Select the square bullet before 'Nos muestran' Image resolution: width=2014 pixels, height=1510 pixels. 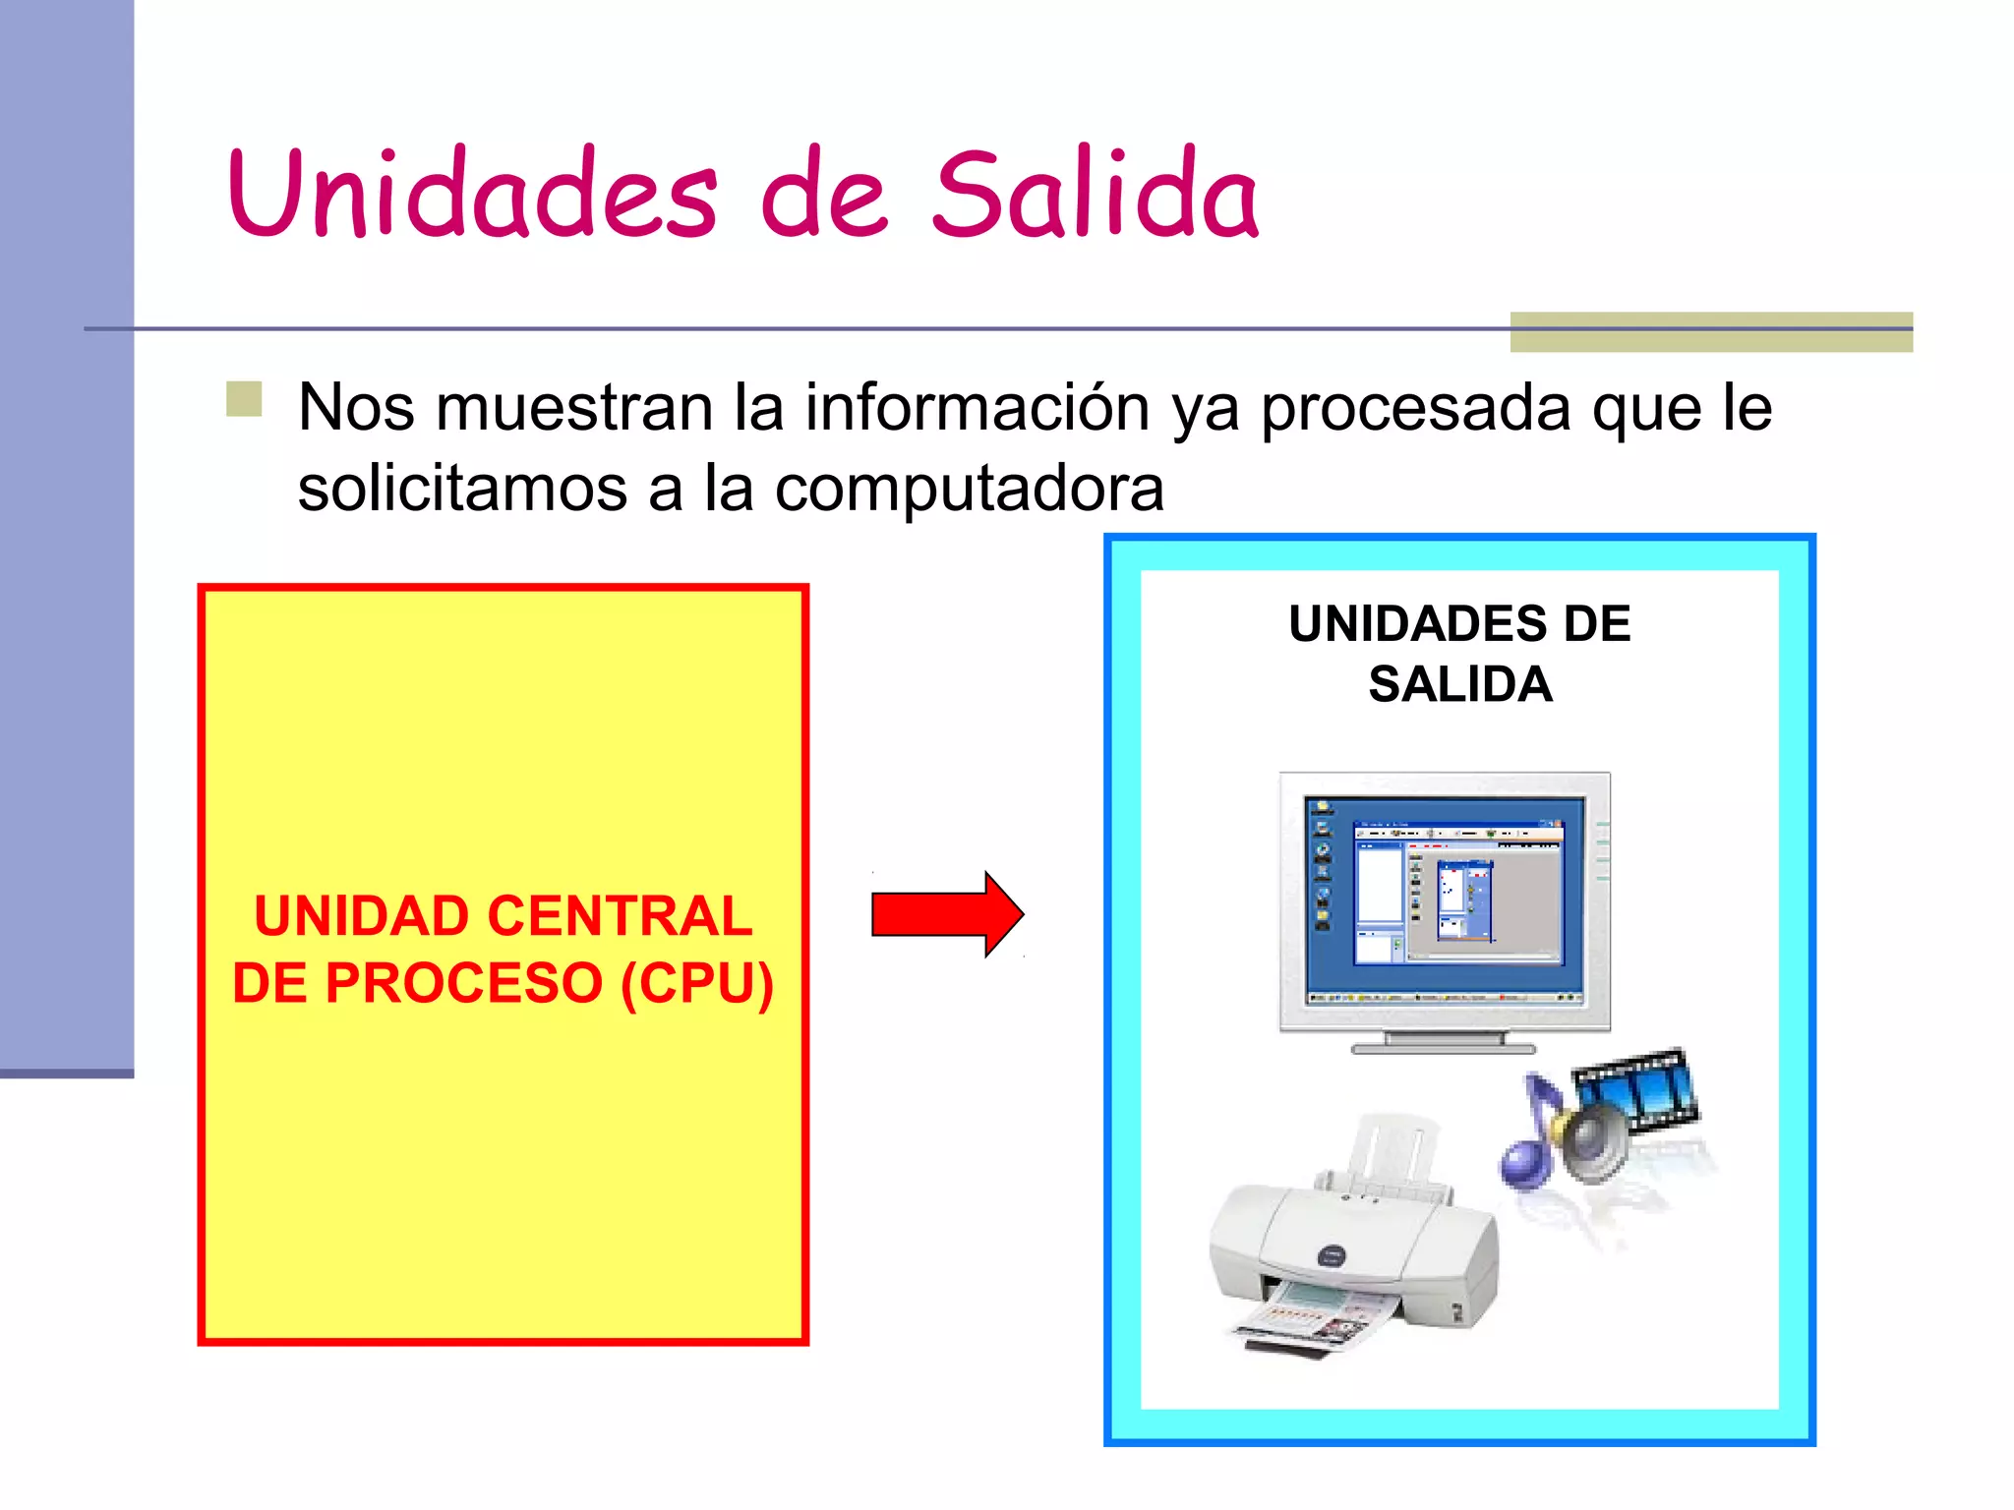pyautogui.click(x=244, y=399)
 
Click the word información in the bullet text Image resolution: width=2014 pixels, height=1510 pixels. pyautogui.click(x=977, y=407)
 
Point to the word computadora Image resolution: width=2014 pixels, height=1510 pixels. pyautogui.click(x=969, y=489)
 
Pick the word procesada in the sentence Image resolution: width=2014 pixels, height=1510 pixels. pyautogui.click(x=1416, y=407)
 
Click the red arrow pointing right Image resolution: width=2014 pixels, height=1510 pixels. pyautogui.click(x=946, y=914)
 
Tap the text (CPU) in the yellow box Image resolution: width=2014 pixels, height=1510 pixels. pyautogui.click(x=697, y=983)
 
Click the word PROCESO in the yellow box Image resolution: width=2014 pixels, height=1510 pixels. pyautogui.click(x=462, y=983)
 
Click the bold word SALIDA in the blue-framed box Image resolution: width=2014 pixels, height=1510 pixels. pyautogui.click(x=1459, y=684)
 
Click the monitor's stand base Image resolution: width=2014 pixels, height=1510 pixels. pyautogui.click(x=1444, y=1045)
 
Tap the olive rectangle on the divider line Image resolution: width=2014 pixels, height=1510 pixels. pyautogui.click(x=1710, y=332)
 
